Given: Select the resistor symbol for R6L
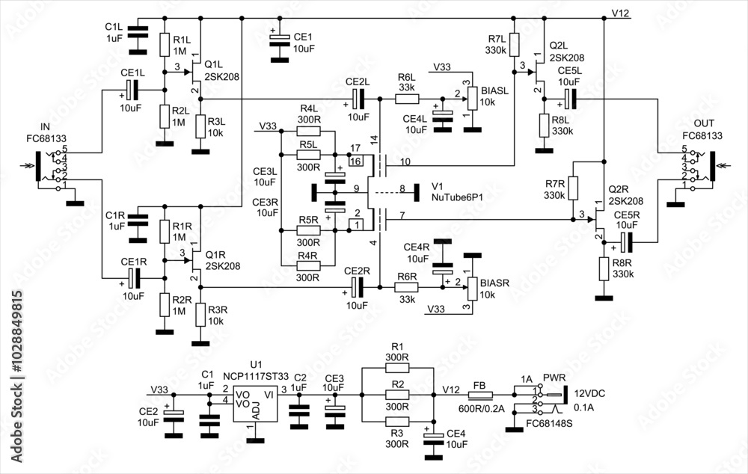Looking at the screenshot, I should click(x=408, y=98).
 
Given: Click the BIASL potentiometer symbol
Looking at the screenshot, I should click(x=471, y=98).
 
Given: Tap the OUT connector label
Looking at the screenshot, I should click(x=704, y=123).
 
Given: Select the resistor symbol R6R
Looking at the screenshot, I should click(x=408, y=287).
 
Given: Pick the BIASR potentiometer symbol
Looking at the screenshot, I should click(x=471, y=287).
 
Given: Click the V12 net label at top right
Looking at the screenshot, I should click(x=621, y=13).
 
